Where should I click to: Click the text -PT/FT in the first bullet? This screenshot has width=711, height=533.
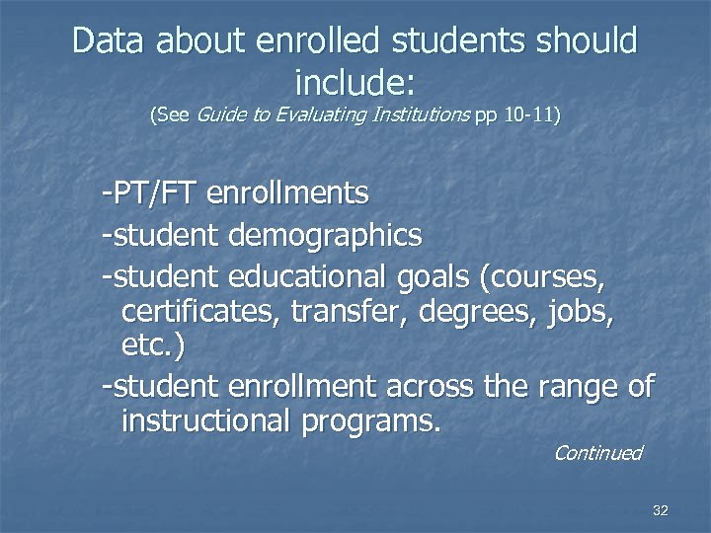pyautogui.click(x=151, y=192)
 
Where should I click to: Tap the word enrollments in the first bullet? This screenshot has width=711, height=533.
pyautogui.click(x=288, y=192)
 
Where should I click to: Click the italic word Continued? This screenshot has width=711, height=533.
pyautogui.click(x=597, y=453)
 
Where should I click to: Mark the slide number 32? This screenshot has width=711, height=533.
pyautogui.click(x=661, y=510)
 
